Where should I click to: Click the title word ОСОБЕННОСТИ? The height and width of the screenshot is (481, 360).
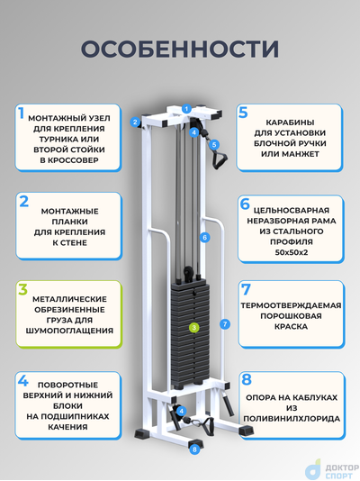179,48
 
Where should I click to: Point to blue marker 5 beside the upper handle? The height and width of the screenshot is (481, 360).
214,144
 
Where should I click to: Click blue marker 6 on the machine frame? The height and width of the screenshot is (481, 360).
205,238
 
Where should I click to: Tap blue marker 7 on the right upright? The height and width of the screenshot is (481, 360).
223,323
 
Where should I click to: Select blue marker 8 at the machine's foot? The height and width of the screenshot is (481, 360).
194,448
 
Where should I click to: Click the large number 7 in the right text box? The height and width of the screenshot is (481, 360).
245,291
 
